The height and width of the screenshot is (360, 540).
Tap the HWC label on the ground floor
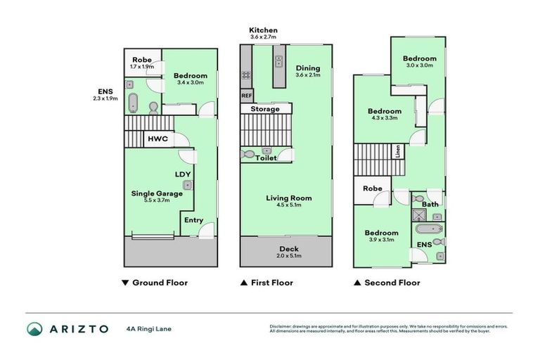pyautogui.click(x=157, y=139)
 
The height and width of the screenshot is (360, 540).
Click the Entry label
pyautogui.click(x=193, y=220)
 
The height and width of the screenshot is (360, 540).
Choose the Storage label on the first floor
pyautogui.click(x=265, y=109)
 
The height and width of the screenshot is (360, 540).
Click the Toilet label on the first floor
pyautogui.click(x=266, y=158)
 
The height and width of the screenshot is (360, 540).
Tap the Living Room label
pyautogui.click(x=288, y=198)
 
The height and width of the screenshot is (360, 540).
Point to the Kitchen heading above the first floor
pyautogui.click(x=264, y=30)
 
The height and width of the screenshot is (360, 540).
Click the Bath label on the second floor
pyautogui.click(x=430, y=205)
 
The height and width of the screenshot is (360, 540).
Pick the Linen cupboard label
pyautogui.click(x=397, y=153)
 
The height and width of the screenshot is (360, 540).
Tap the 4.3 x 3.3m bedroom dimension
pyautogui.click(x=384, y=118)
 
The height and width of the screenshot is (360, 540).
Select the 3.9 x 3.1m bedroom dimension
pyautogui.click(x=381, y=240)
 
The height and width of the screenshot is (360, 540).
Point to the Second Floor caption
pyautogui.click(x=392, y=283)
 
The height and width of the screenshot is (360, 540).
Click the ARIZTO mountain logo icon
pyautogui.click(x=35, y=328)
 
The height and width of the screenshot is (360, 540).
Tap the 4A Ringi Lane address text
pyautogui.click(x=150, y=328)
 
